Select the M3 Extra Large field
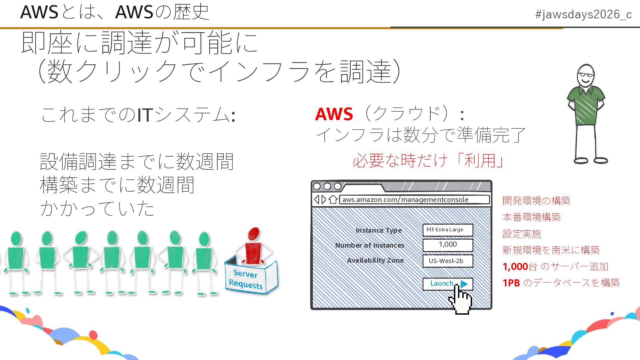(447, 230)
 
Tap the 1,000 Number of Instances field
(447, 245)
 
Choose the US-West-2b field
(447, 261)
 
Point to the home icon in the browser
(333, 199)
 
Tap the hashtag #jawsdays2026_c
(583, 14)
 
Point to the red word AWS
(334, 114)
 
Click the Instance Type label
(379, 230)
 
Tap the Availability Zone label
(375, 260)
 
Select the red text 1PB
(511, 283)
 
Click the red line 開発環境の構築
(536, 201)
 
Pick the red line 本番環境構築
(532, 217)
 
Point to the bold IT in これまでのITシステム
(145, 115)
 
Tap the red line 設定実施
(522, 234)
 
